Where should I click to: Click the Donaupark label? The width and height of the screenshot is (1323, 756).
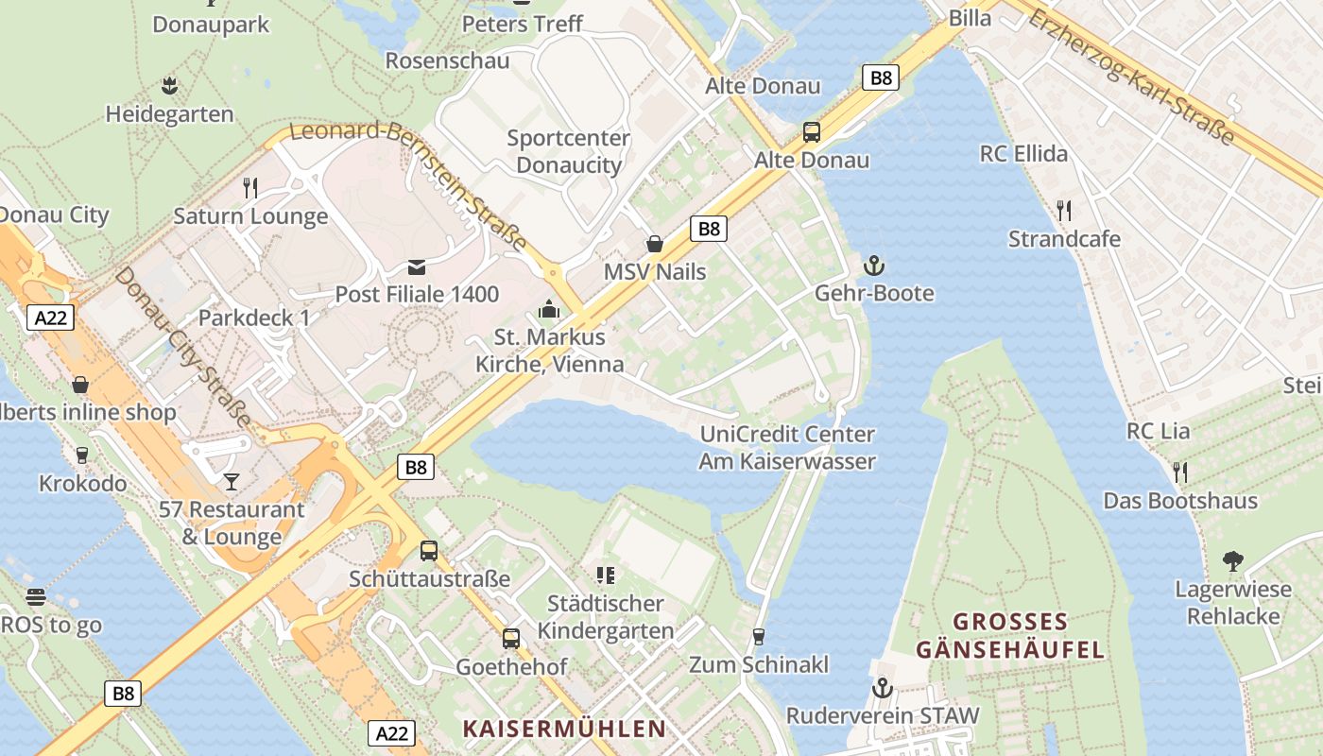211,25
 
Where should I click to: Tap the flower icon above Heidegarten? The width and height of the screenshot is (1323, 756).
169,86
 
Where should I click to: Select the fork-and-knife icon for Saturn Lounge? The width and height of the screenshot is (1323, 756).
250,187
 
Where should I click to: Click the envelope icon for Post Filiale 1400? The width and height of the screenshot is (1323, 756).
417,266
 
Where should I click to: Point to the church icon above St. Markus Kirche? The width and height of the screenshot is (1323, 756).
549,309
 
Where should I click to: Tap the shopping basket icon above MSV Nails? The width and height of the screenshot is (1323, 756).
655,244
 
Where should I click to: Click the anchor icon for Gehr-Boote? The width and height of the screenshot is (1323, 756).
874,266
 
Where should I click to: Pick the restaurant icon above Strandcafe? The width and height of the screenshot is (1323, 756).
1064,210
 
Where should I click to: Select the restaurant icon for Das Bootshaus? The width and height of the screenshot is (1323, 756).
1180,472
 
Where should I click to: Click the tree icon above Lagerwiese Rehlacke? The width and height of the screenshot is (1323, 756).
1232,561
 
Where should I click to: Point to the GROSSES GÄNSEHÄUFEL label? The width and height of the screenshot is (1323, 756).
1010,636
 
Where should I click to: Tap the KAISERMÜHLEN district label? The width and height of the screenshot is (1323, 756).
564,729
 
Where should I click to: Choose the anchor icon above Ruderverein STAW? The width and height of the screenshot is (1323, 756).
883,688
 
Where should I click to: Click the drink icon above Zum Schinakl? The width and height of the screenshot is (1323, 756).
758,637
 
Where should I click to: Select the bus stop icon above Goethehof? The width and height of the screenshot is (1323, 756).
511,639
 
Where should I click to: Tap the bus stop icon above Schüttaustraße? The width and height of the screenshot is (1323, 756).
429,550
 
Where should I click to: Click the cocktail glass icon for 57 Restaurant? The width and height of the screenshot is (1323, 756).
232,482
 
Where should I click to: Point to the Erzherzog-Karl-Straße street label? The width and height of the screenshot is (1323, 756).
1132,77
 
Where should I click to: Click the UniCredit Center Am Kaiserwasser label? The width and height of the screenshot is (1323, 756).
787,448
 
